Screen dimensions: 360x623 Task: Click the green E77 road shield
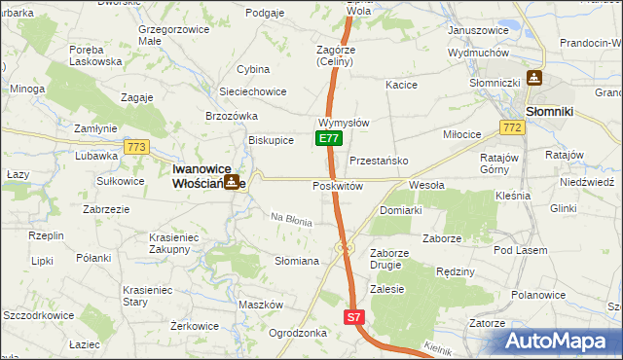point(328,139)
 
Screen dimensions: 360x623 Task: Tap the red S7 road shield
point(354,317)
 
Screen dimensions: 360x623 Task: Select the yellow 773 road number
point(136,147)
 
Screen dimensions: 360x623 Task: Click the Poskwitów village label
point(338,186)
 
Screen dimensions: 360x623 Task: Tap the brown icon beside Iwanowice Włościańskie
point(232,181)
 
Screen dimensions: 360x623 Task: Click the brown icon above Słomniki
point(534,78)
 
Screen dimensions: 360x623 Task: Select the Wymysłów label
point(343,124)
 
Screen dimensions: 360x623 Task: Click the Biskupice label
point(271,140)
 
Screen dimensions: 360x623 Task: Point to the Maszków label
point(259,305)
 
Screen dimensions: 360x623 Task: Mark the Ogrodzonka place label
point(296,332)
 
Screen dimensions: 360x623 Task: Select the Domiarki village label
point(400,210)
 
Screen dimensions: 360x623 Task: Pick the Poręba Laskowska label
point(95,54)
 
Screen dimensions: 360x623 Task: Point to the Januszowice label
point(478,30)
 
